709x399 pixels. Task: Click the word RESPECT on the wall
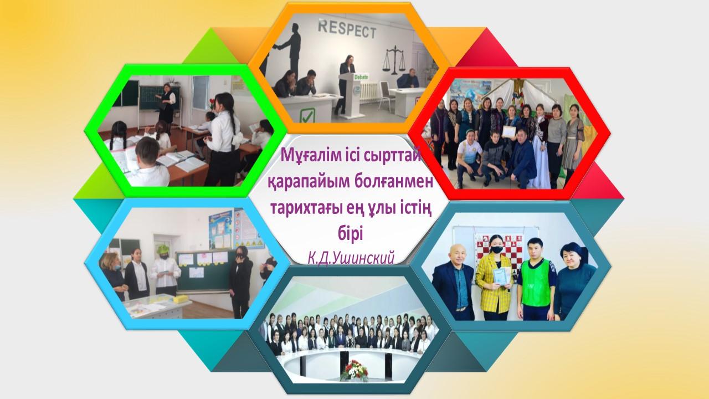[347, 29]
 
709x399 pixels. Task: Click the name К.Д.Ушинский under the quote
[351, 258]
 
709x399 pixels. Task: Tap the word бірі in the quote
[350, 234]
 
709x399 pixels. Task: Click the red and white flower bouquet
[354, 371]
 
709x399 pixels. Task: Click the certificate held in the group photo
[508, 131]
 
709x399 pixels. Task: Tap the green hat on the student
[163, 249]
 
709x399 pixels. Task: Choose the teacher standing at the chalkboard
[168, 103]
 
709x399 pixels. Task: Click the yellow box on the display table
[181, 299]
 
